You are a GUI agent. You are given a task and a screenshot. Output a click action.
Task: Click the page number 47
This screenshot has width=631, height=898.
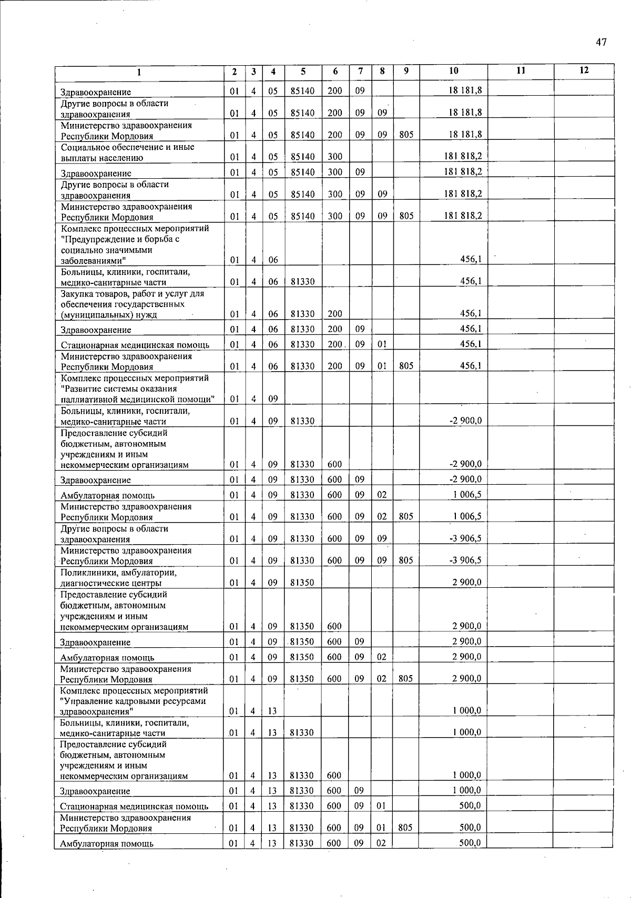pos(602,43)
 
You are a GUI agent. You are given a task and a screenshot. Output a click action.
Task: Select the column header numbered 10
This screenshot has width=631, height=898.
pos(453,71)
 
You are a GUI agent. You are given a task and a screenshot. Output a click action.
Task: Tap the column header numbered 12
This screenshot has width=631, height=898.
pos(584,71)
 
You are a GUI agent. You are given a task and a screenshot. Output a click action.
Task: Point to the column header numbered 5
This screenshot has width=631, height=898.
pos(303,72)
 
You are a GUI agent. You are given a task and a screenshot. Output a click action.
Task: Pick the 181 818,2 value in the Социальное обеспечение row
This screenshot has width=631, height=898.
pos(463,156)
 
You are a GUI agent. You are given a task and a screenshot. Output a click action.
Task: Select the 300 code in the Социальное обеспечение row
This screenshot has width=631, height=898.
pos(335,157)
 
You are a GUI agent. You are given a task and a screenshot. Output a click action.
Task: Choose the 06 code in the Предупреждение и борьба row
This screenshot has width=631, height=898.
pos(273,260)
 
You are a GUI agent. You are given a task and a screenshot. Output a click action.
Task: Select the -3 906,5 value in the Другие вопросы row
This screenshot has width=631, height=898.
pos(465,538)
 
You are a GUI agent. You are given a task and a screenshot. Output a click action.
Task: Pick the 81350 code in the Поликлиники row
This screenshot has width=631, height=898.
pos(302,583)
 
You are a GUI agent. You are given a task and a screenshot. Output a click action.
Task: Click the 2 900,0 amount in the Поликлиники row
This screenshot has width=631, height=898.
pos(466,582)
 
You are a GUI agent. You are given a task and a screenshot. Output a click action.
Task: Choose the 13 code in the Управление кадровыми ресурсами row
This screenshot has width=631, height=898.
pos(272,711)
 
